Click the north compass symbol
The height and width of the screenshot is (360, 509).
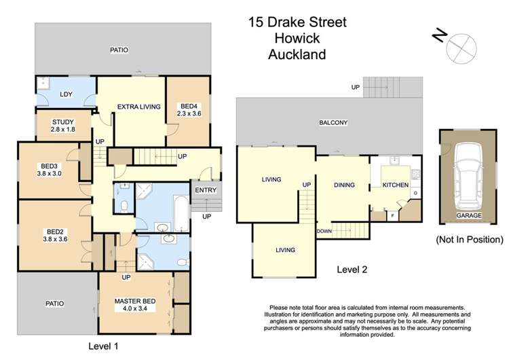[x=457, y=46]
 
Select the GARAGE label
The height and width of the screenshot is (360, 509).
[x=468, y=215]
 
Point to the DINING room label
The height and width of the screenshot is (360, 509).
[x=345, y=185]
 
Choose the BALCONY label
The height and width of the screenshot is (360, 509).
[x=333, y=123]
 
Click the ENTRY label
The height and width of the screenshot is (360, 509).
[x=206, y=190]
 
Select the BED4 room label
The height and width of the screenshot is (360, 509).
[x=187, y=106]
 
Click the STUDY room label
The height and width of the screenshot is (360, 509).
[x=62, y=122]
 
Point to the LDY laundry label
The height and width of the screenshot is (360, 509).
[x=67, y=94]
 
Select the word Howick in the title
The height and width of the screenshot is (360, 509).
[x=297, y=38]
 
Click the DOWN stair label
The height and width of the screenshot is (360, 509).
[x=323, y=231]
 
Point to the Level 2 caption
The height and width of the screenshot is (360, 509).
[x=352, y=270]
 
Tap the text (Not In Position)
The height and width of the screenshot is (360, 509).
[x=468, y=239]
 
